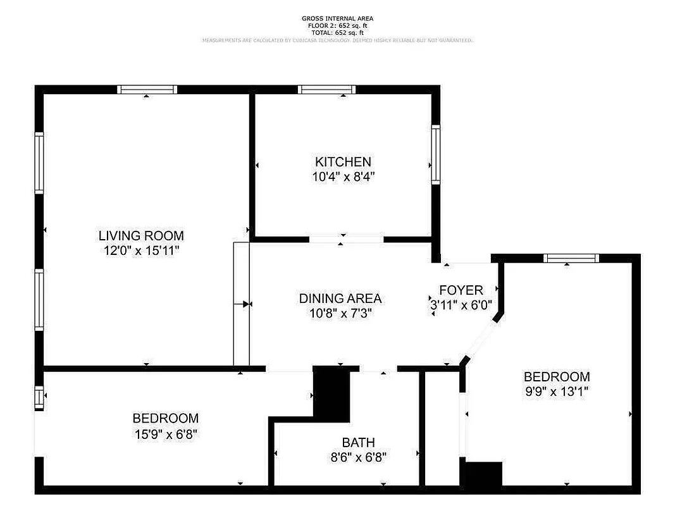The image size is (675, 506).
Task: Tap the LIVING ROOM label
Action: click(141, 236)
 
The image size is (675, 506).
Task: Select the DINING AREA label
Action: click(340, 298)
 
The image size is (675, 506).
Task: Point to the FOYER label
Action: click(461, 290)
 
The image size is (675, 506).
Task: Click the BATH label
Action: click(358, 443)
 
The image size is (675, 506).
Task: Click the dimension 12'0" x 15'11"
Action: click(141, 251)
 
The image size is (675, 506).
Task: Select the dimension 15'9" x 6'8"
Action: click(165, 434)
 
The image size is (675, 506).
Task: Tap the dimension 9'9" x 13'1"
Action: click(557, 392)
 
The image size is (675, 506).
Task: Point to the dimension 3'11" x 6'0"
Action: click(461, 304)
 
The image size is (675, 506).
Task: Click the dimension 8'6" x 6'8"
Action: click(358, 457)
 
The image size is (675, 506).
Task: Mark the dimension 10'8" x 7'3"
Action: click(340, 312)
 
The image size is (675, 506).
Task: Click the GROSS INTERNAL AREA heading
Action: click(337, 19)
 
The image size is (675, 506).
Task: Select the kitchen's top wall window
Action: click(327, 90)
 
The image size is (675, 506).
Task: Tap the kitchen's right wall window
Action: click(436, 154)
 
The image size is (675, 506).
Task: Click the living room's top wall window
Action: click(147, 90)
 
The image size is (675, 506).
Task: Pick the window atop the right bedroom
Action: click(571, 258)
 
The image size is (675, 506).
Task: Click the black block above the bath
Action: click(332, 393)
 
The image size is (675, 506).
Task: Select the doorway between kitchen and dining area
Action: click(346, 239)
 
